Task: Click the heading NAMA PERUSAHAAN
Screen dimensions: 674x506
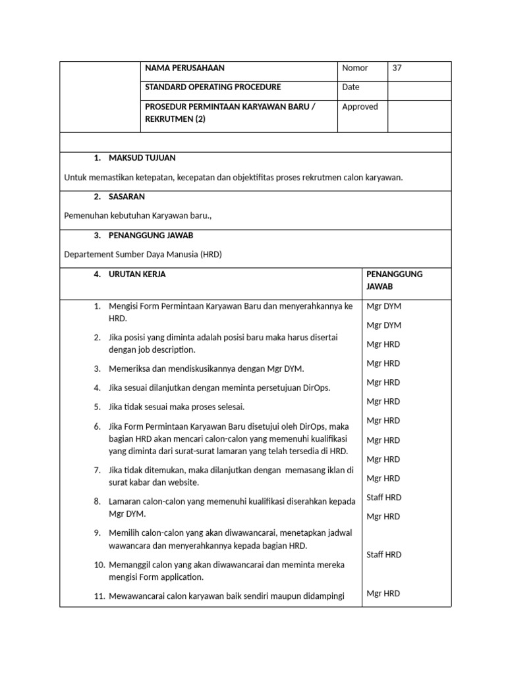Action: (x=184, y=68)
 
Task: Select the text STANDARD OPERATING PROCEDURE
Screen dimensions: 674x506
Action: (x=213, y=87)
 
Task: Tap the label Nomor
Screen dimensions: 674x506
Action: (x=354, y=68)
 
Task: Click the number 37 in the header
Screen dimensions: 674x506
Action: (x=397, y=68)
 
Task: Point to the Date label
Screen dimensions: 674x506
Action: (x=351, y=87)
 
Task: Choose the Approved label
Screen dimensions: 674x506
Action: (x=360, y=107)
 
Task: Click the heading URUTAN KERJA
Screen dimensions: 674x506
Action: (x=137, y=274)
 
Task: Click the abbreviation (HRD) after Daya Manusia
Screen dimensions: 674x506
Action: (x=211, y=254)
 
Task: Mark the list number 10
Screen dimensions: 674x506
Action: (x=99, y=565)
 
